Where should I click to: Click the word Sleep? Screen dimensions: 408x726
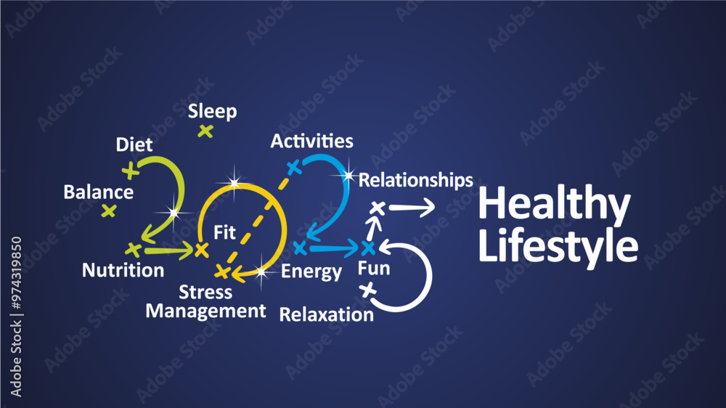pyautogui.click(x=212, y=112)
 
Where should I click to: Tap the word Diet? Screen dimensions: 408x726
pyautogui.click(x=134, y=144)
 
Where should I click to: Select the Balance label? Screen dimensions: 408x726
pyautogui.click(x=99, y=192)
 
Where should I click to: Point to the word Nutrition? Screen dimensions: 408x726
pyautogui.click(x=123, y=271)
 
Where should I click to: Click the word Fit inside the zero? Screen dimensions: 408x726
pyautogui.click(x=224, y=232)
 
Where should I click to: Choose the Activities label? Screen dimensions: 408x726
pyautogui.click(x=311, y=141)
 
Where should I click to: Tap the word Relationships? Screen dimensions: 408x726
pyautogui.click(x=416, y=179)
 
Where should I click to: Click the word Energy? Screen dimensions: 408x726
pyautogui.click(x=311, y=272)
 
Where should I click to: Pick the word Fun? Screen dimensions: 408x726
pyautogui.click(x=374, y=269)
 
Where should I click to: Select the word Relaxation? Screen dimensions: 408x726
pyautogui.click(x=327, y=314)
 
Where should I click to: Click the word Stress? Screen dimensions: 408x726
pyautogui.click(x=205, y=293)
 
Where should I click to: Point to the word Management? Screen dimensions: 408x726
pyautogui.click(x=206, y=311)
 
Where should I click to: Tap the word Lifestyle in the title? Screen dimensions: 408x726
pyautogui.click(x=558, y=245)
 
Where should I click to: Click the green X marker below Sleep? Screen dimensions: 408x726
pyautogui.click(x=206, y=131)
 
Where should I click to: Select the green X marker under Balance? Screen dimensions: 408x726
pyautogui.click(x=109, y=211)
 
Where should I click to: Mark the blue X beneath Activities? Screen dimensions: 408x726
pyautogui.click(x=293, y=168)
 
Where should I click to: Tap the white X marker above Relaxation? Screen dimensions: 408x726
pyautogui.click(x=368, y=291)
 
